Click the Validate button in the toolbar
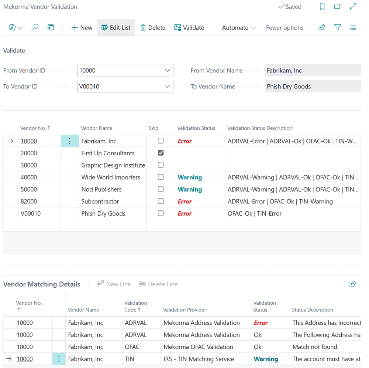click(x=189, y=28)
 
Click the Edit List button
click(x=116, y=28)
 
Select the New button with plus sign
click(x=82, y=28)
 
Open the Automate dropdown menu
click(x=239, y=28)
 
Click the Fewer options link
click(x=284, y=28)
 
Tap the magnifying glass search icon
click(x=35, y=28)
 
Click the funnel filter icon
click(x=337, y=28)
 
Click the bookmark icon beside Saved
click(x=322, y=7)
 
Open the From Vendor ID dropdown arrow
click(x=168, y=70)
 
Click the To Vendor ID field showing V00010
click(x=120, y=87)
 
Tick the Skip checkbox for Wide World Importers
click(x=161, y=177)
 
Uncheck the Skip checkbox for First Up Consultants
click(x=161, y=153)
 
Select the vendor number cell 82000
click(x=29, y=202)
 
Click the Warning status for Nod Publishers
click(x=190, y=189)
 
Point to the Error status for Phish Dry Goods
click(x=185, y=213)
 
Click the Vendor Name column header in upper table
click(x=97, y=128)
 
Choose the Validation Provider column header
click(x=184, y=310)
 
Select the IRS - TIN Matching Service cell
click(x=199, y=359)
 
